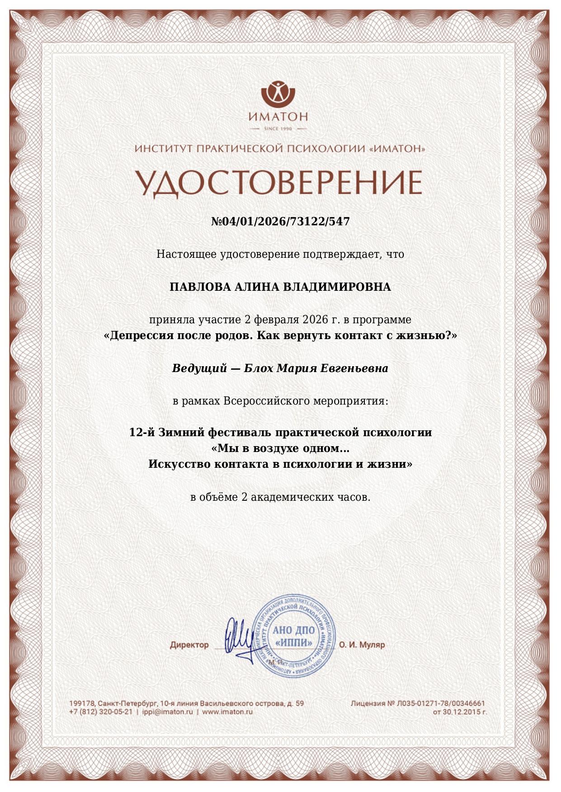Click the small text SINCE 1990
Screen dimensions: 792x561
(278, 129)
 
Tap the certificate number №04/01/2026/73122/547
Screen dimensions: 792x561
(280, 221)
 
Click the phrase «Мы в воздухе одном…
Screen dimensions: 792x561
(280, 448)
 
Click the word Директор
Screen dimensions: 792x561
(189, 645)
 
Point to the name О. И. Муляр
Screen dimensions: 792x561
(362, 645)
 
